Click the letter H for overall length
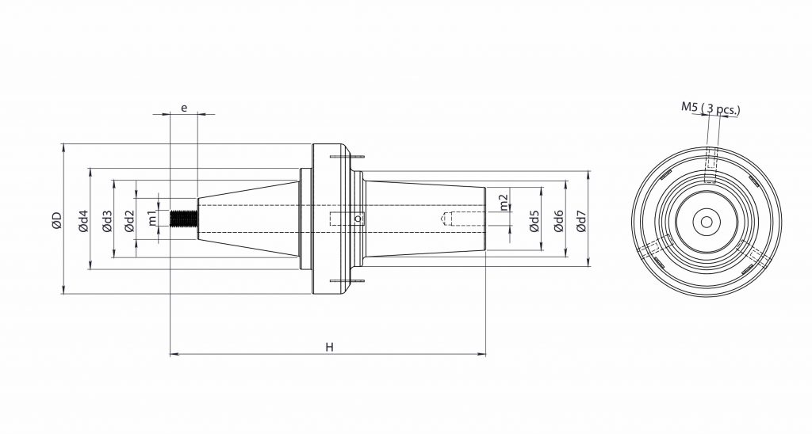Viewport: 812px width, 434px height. point(328,347)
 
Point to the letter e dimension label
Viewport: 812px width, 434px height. point(184,106)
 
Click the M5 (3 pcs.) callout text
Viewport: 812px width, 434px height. point(710,108)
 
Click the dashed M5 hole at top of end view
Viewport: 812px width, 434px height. point(711,165)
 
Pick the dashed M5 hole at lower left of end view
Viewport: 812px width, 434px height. point(657,252)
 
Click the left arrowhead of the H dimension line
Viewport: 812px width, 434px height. point(174,355)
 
